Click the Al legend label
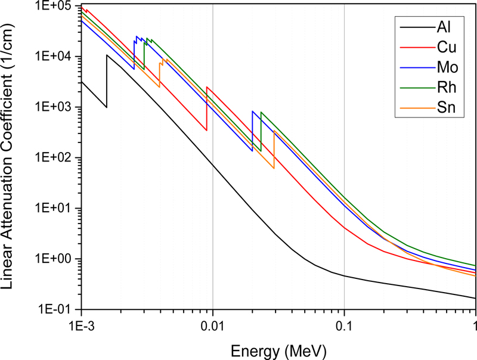point(444,27)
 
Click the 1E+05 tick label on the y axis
point(54,7)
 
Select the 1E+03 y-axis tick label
point(54,107)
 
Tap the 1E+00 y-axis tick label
point(54,259)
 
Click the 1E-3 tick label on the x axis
point(81,327)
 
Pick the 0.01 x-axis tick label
point(212,327)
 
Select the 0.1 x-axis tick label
point(344,327)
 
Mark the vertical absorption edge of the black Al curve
point(107,81)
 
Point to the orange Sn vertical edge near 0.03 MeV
point(274,149)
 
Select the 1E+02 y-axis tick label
point(54,158)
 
